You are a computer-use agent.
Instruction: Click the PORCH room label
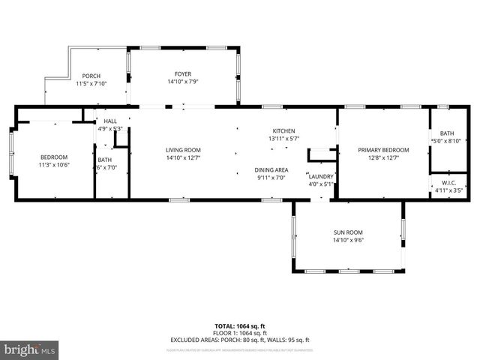point(91,76)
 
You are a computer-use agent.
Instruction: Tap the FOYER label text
point(183,73)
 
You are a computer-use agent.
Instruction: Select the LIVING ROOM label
point(183,150)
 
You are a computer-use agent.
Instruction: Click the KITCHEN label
point(283,130)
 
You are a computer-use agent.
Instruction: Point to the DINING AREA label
point(271,169)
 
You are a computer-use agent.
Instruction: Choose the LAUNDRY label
point(321,176)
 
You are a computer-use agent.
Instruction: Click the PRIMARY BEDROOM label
point(383,150)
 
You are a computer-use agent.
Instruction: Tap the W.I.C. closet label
point(448,182)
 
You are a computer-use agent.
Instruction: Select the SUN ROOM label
point(348,232)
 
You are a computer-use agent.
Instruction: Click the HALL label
point(110,121)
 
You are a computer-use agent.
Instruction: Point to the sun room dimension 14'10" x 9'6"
point(348,240)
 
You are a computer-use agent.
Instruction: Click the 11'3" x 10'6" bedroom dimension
point(54,164)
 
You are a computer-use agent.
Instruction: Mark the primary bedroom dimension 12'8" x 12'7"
point(383,157)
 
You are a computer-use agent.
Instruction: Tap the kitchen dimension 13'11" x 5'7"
point(283,138)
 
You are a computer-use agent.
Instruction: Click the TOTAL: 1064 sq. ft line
point(239,326)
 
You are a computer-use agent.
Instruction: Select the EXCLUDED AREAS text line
point(239,340)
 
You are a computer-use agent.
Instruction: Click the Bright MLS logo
point(29,349)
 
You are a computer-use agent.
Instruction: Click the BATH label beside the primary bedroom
point(446,133)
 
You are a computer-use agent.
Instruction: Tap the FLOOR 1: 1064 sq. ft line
point(239,333)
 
